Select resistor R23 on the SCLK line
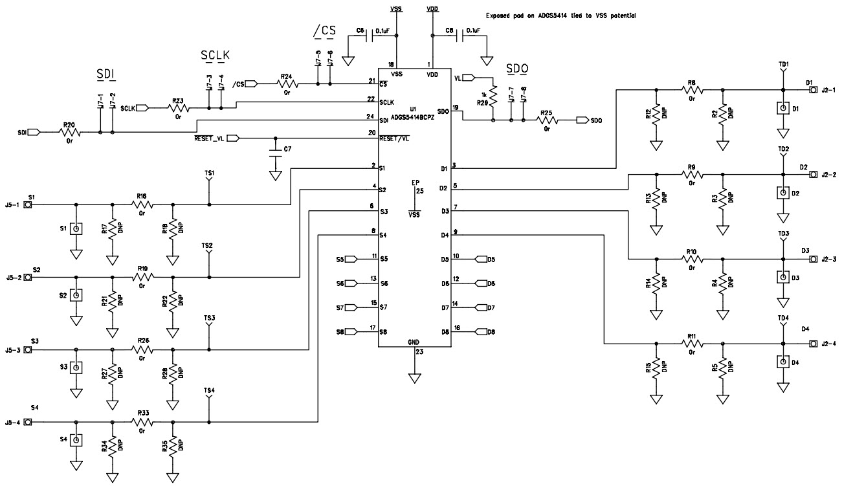point(178,108)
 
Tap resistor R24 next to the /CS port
point(285,83)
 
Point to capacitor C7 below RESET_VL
point(276,151)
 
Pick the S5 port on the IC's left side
point(351,259)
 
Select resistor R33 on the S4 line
point(142,421)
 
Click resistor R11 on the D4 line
point(691,343)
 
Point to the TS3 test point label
point(208,318)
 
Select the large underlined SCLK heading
point(214,56)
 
